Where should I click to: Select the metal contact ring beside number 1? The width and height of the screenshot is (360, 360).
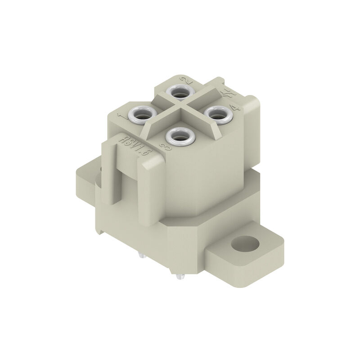click(141, 115)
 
